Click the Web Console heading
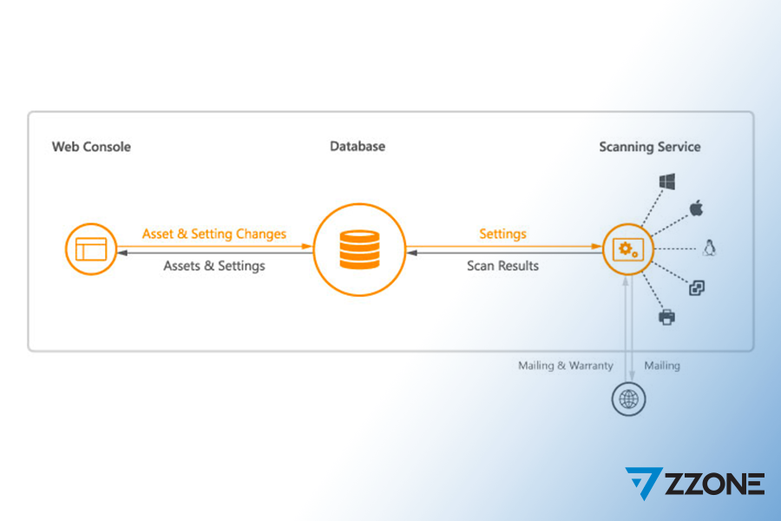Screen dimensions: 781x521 [x=91, y=147]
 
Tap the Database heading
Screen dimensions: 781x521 [x=358, y=146]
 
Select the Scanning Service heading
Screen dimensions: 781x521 [x=649, y=147]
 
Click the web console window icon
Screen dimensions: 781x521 [x=91, y=249]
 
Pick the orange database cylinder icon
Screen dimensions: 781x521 [x=359, y=249]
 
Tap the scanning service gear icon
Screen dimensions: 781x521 [x=628, y=249]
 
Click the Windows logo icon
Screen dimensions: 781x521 [x=667, y=181]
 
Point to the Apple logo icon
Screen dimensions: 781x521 [x=696, y=208]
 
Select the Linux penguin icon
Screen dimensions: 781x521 [x=709, y=247]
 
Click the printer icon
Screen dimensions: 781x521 [x=667, y=317]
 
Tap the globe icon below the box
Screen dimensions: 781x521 [x=628, y=399]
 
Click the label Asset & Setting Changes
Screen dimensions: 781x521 [x=214, y=234]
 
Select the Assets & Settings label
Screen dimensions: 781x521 [x=214, y=266]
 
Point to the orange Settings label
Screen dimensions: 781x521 [x=502, y=234]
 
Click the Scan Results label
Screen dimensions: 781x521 [x=502, y=266]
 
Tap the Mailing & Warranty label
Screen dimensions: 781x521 [x=565, y=366]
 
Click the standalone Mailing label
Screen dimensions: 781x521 [x=662, y=366]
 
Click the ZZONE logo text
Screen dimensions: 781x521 [x=715, y=484]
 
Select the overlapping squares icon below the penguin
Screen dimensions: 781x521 [x=697, y=287]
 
